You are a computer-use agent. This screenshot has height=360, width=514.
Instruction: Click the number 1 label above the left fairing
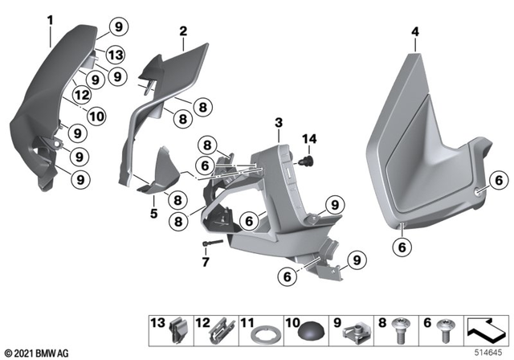(49, 18)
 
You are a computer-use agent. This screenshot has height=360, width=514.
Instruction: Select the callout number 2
(183, 31)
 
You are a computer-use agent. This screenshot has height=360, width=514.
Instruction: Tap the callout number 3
(278, 122)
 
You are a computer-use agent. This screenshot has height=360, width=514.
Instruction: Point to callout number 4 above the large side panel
(414, 31)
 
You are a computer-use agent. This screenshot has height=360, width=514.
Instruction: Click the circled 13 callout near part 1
(116, 55)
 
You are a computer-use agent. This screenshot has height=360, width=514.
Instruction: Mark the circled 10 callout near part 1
(96, 116)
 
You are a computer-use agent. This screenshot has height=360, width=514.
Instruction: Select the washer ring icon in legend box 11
(262, 332)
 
